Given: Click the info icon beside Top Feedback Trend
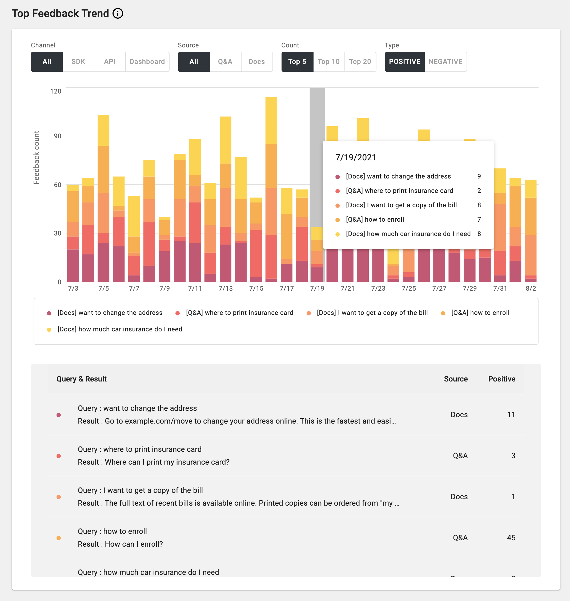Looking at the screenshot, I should pyautogui.click(x=118, y=13).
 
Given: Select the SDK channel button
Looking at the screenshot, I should pyautogui.click(x=78, y=62).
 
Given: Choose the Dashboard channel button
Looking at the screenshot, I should pyautogui.click(x=147, y=62).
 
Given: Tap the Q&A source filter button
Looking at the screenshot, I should pyautogui.click(x=225, y=62).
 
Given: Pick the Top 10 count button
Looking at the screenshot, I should pyautogui.click(x=328, y=62).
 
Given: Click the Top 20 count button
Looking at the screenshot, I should pyautogui.click(x=360, y=62).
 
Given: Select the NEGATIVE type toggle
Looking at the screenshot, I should pyautogui.click(x=445, y=62).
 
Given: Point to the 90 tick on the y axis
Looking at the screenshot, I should pyautogui.click(x=57, y=136).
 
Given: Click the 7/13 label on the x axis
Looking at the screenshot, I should pyautogui.click(x=226, y=288).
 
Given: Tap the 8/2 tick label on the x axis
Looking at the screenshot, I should pyautogui.click(x=531, y=288).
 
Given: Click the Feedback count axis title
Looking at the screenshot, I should pyautogui.click(x=37, y=157).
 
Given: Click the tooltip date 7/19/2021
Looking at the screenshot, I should pyautogui.click(x=355, y=157).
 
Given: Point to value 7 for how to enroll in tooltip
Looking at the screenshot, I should pyautogui.click(x=479, y=220).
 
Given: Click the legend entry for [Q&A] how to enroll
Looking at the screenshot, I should pyautogui.click(x=480, y=313).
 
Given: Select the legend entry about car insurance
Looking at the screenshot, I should pyautogui.click(x=119, y=329).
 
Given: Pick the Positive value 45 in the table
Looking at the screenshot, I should pyautogui.click(x=511, y=538).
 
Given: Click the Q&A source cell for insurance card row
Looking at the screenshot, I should pyautogui.click(x=460, y=456).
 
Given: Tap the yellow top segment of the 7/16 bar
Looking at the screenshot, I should pyautogui.click(x=271, y=120).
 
